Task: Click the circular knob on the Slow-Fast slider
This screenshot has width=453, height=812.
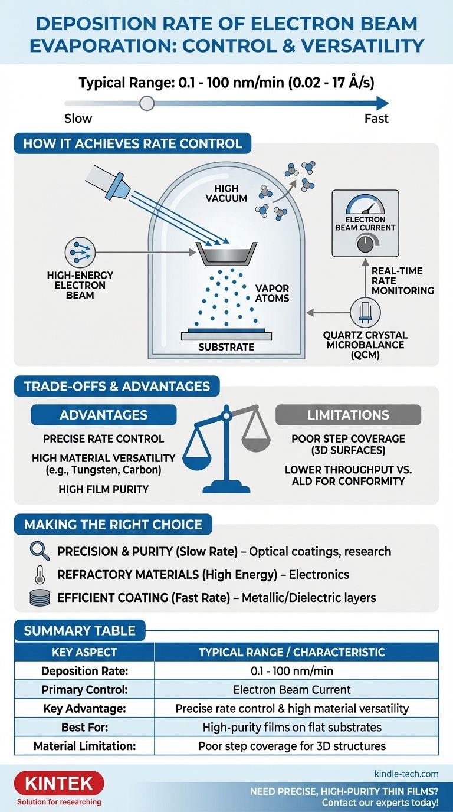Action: pos(147,104)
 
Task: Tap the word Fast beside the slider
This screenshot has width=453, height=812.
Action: pos(376,119)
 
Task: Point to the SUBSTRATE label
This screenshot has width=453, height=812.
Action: pos(226,347)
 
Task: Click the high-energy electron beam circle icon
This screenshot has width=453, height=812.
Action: pos(80,253)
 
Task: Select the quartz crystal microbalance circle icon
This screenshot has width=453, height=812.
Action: pos(366,312)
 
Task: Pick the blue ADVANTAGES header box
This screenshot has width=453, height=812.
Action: pos(104,415)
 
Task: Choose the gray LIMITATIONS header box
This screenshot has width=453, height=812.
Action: pos(348,415)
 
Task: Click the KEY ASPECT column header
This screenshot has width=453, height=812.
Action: pos(84,652)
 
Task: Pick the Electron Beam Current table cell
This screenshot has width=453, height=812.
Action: pos(296,689)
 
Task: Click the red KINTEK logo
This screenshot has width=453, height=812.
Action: pos(58,784)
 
